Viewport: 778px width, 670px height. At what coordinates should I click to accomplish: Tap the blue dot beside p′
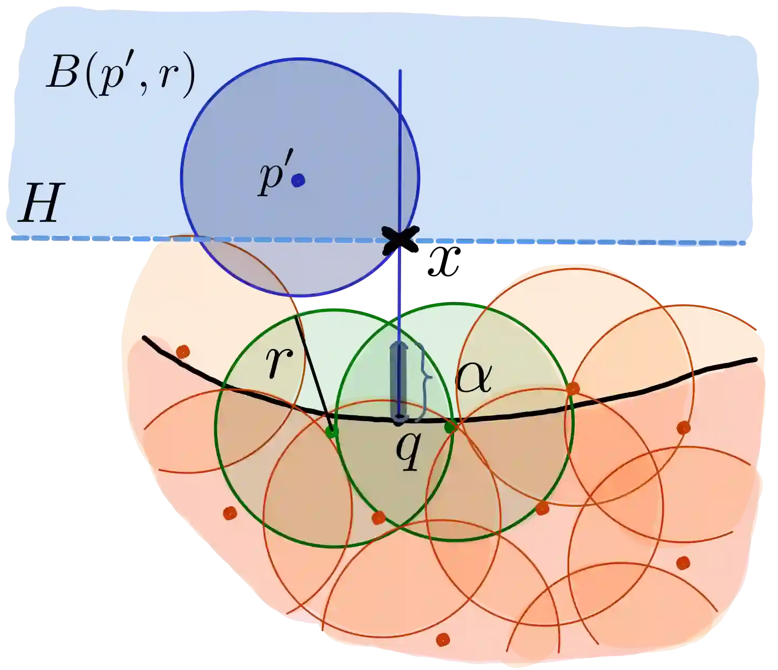298,180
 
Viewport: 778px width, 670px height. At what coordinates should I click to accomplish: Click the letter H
37,203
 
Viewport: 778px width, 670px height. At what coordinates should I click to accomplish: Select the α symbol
473,379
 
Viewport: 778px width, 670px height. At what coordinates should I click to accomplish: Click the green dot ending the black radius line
332,431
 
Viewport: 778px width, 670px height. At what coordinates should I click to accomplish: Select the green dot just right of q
449,428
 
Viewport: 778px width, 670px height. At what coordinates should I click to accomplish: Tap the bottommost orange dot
443,639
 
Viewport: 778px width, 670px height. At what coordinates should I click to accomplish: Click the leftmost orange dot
183,352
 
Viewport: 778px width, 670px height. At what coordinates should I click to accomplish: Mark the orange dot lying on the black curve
573,388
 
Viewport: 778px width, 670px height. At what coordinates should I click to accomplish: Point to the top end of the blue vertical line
400,71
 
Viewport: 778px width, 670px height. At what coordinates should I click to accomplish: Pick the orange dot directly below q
378,518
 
